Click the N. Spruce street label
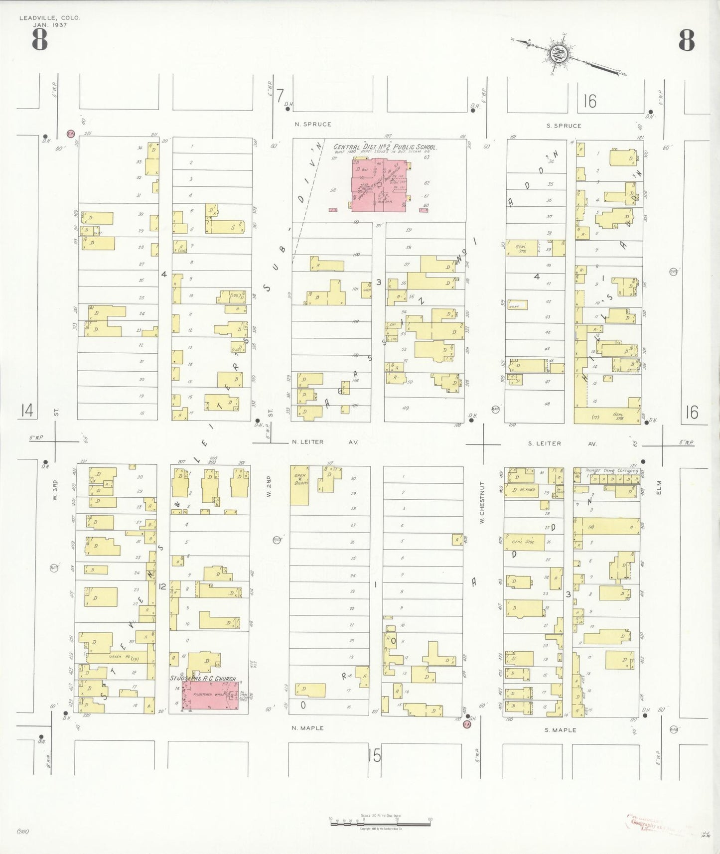coord(313,124)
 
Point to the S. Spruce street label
coord(564,126)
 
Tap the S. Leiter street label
coord(544,443)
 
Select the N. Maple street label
coord(307,728)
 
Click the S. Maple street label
coord(560,730)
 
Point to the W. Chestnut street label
coord(482,502)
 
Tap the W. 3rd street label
coord(56,490)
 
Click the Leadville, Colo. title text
coord(49,18)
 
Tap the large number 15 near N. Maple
coord(374,756)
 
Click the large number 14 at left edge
coord(27,411)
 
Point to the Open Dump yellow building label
coord(300,479)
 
